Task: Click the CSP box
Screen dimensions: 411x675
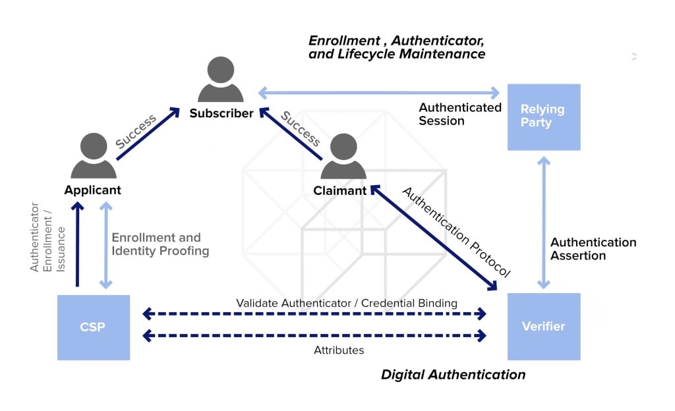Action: coord(93,327)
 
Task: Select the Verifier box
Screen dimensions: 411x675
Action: coord(543,327)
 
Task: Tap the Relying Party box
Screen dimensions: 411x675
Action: coord(543,117)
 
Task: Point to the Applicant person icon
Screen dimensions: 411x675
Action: coord(93,157)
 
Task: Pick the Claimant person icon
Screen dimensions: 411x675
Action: coord(343,157)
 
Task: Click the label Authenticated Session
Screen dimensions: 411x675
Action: coord(459,114)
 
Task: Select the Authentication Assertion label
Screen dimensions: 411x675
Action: coord(593,249)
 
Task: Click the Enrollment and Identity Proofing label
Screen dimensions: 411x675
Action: coord(160,244)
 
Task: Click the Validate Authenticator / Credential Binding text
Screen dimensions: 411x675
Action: coord(347,303)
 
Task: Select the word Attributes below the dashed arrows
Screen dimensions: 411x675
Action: coord(339,350)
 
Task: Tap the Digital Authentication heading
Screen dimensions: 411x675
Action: coord(453,375)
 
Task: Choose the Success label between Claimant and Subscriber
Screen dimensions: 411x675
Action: coord(300,129)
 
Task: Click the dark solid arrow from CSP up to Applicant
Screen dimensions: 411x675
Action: coord(78,244)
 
